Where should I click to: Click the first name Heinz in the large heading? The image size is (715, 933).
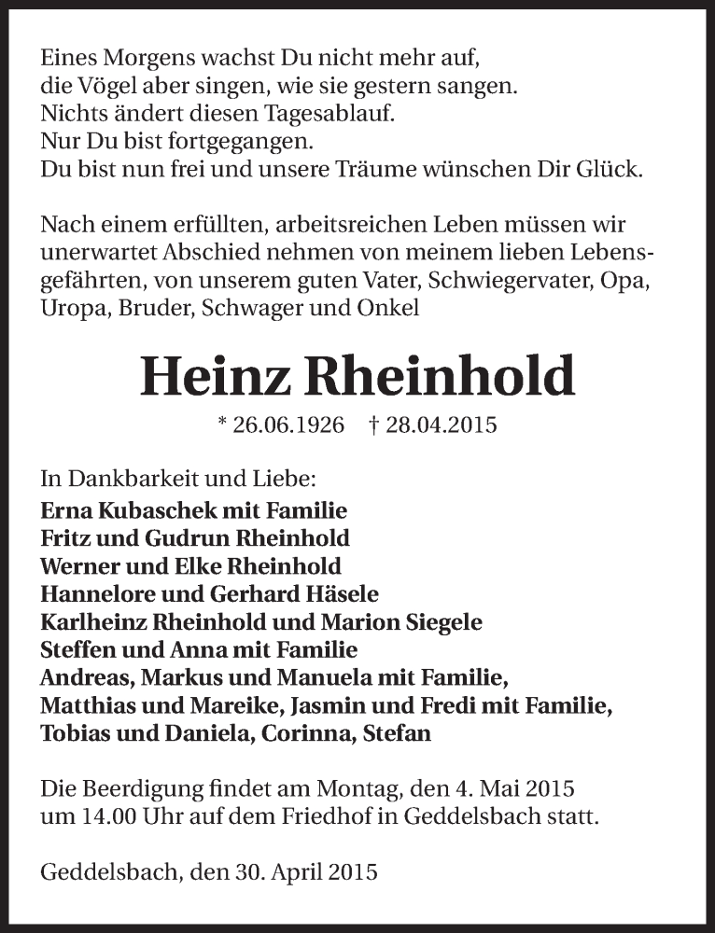[216, 377]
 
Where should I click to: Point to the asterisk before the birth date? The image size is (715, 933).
[221, 424]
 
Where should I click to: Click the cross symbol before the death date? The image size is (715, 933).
[373, 425]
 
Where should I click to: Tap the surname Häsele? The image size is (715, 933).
[342, 594]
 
